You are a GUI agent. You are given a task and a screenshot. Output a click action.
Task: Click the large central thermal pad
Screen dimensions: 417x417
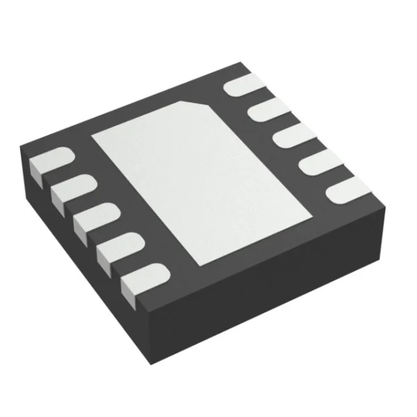(198, 181)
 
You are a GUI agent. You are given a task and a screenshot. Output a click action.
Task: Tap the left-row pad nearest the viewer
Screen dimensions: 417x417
(142, 281)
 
